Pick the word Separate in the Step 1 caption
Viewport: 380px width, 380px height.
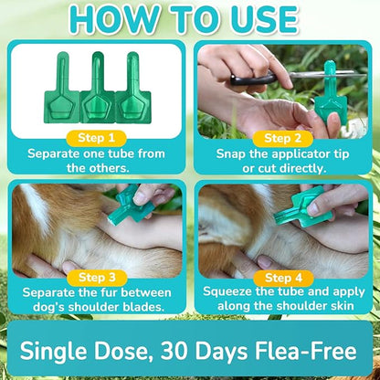pos(58,154)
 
